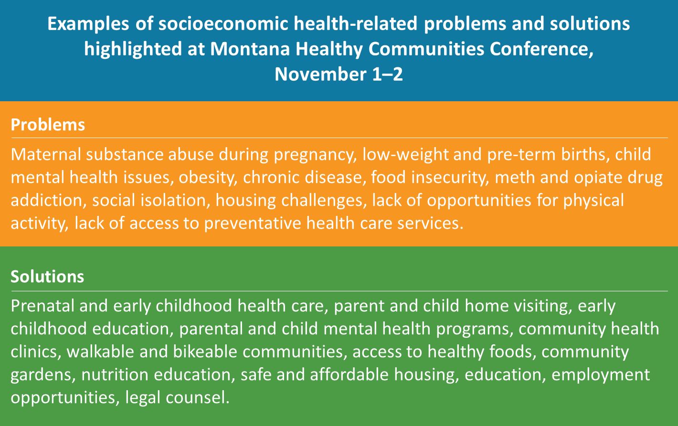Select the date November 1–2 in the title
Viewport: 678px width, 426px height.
339,75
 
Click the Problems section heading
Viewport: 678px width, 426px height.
48,125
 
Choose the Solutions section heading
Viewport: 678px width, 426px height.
47,277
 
